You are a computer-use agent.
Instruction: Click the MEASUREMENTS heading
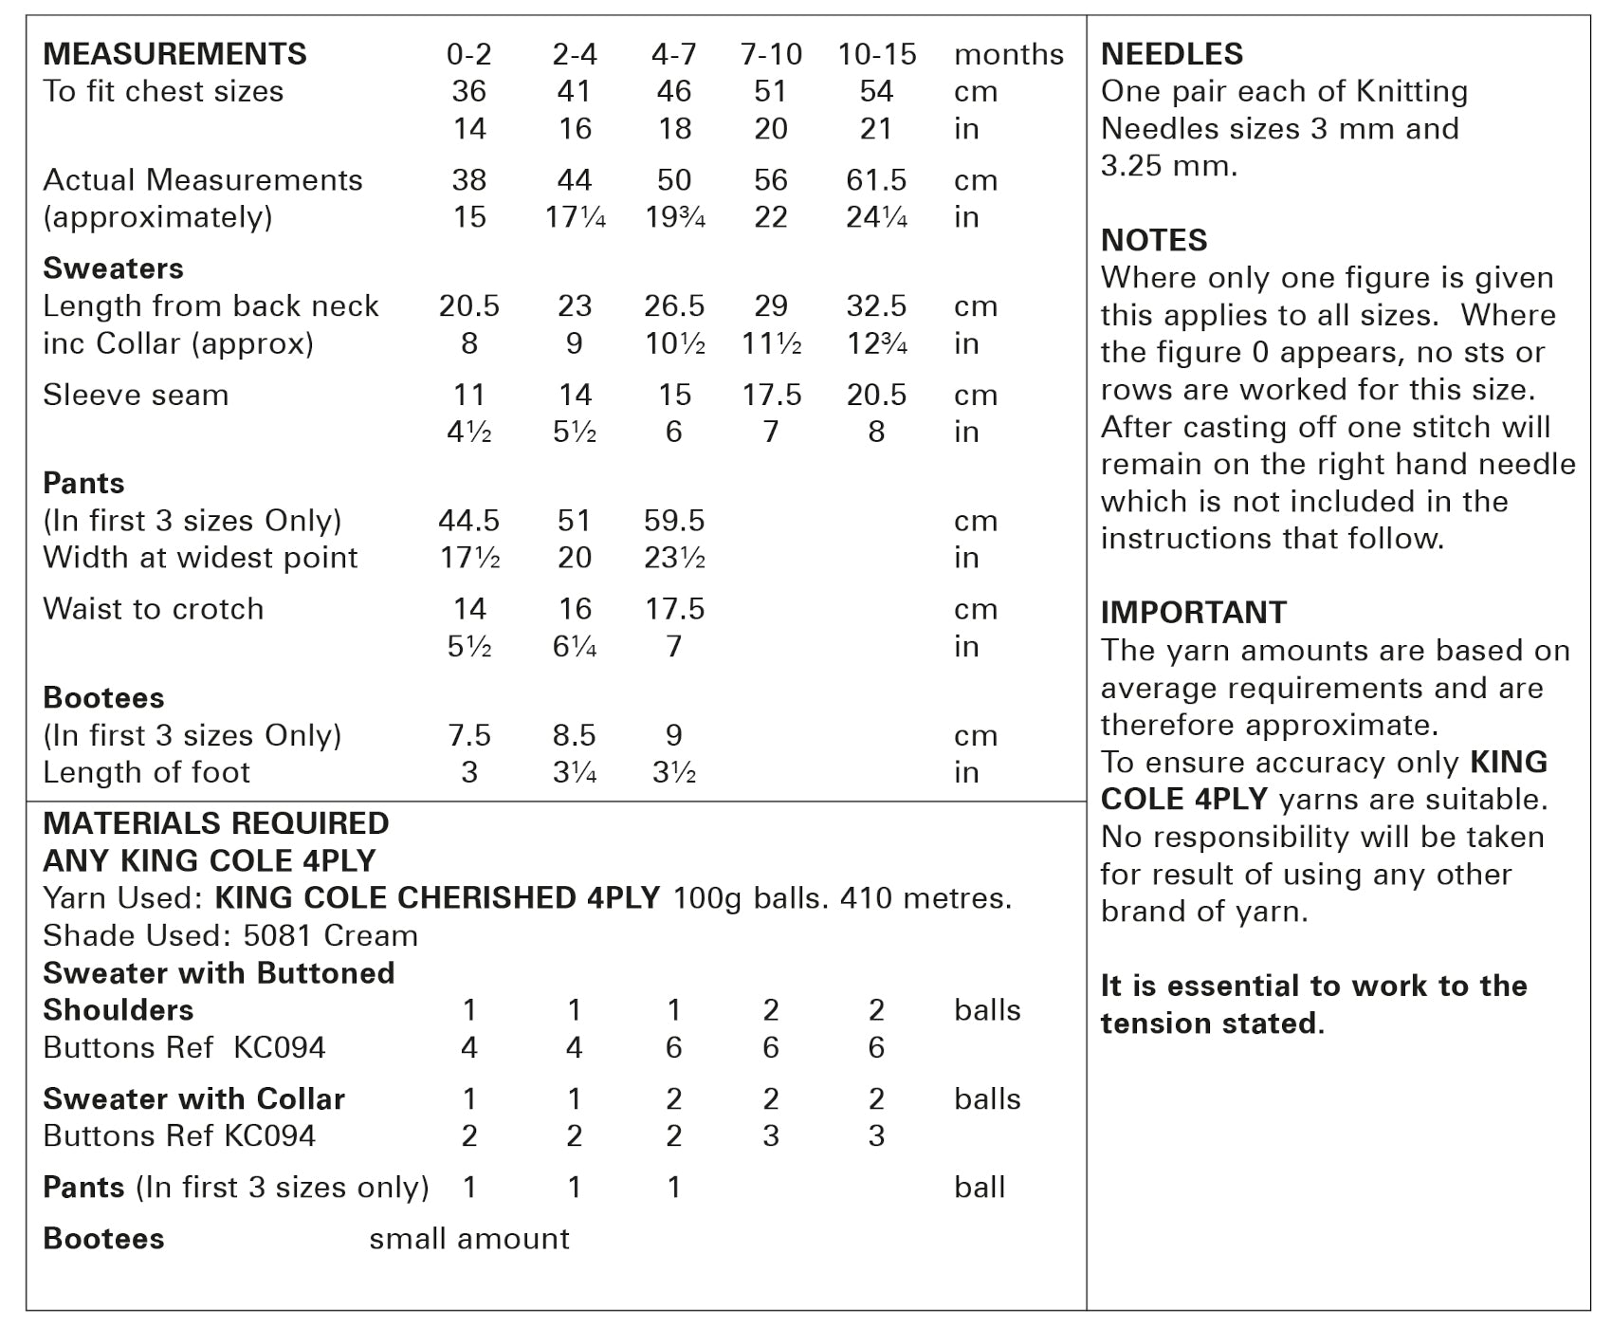pos(174,54)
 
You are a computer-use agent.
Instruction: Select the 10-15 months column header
pos(876,54)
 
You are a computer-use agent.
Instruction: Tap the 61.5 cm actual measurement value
pos(876,179)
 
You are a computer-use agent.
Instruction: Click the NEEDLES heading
pos(1171,54)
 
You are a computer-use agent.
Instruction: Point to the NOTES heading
pos(1153,240)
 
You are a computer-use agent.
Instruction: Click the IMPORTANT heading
pos(1193,613)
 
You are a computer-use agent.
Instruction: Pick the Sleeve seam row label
pos(136,395)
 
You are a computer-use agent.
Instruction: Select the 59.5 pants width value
pos(674,520)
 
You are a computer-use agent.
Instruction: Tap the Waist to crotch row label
pos(153,609)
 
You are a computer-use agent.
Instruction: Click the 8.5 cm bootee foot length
pos(574,735)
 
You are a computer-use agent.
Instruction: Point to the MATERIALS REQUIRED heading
pos(216,823)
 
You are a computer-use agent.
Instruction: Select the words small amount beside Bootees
pos(469,1238)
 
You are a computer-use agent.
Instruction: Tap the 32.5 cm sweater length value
pos(876,305)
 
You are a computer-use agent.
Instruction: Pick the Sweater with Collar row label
pos(193,1098)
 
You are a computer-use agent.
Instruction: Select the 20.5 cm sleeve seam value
pos(876,395)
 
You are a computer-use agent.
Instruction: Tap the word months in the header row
pos(1008,54)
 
